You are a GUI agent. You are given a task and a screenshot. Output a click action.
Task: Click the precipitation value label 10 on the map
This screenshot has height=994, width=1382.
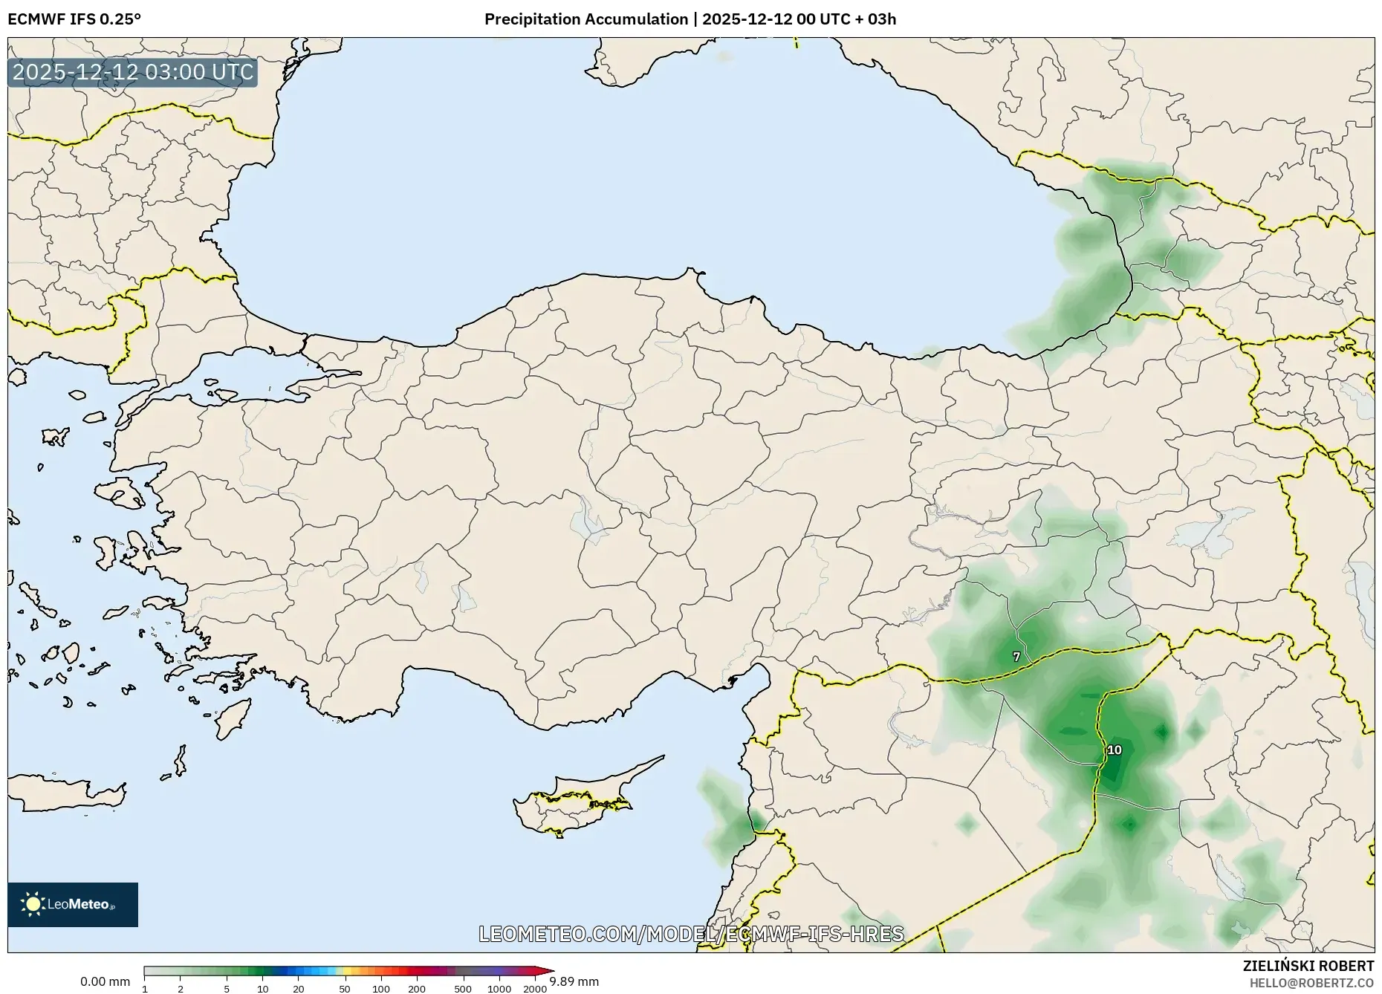1114,750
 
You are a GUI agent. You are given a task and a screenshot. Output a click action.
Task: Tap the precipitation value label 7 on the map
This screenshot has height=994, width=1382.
1016,657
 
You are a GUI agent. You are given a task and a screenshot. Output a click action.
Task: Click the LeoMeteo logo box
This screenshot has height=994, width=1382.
73,904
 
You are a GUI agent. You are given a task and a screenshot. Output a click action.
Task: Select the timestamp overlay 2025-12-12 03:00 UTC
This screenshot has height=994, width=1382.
133,73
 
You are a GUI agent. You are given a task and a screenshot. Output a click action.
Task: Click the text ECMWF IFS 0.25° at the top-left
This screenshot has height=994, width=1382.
74,19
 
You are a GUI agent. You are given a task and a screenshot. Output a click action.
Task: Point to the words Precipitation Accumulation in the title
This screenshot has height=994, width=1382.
586,19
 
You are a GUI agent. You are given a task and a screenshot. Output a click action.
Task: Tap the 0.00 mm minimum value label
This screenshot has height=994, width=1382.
105,982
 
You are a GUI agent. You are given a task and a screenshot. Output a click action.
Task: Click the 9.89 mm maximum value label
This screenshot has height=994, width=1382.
574,982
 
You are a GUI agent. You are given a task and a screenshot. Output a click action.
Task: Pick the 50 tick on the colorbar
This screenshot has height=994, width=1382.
344,989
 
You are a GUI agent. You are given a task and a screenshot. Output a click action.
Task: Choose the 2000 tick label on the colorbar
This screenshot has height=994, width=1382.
535,989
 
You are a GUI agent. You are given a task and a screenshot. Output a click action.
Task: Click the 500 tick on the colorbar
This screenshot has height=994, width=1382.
462,989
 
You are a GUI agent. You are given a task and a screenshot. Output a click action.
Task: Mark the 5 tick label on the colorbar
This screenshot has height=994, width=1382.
227,989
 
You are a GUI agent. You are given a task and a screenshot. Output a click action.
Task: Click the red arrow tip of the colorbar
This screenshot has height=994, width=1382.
550,971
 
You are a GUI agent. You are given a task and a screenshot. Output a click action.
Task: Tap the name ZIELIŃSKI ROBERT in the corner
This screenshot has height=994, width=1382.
1308,966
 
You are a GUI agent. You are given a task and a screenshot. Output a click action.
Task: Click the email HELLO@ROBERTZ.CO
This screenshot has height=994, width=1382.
1311,983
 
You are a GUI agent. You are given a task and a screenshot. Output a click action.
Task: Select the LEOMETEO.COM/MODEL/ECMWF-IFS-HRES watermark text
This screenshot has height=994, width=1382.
691,934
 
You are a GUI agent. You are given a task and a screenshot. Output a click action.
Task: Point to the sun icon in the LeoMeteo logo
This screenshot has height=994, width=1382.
33,904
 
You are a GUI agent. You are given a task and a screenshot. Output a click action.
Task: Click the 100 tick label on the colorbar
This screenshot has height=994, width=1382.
380,989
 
